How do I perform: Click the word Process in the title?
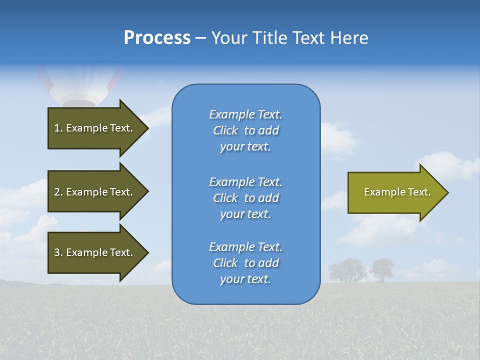[157, 38]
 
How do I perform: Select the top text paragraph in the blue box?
[245, 130]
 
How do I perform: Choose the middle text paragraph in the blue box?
[245, 198]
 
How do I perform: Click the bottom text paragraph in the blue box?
[245, 263]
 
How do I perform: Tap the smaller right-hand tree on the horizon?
[381, 269]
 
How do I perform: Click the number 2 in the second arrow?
[57, 192]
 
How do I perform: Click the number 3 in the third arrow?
[57, 252]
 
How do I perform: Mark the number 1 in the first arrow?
[57, 128]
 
